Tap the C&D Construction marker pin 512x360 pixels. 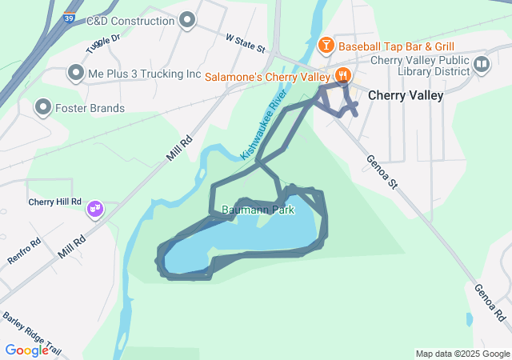pos(188,20)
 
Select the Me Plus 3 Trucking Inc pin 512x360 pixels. pos(76,74)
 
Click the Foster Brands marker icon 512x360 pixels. pos(42,107)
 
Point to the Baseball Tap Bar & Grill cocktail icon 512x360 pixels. pos(326,46)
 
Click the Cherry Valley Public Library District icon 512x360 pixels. pos(481,65)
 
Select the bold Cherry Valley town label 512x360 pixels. pos(406,95)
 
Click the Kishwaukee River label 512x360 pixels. pos(264,125)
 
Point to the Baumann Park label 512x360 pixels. pos(258,210)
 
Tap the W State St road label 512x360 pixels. pos(246,42)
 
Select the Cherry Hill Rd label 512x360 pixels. pos(55,202)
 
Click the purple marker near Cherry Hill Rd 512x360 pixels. pos(96,209)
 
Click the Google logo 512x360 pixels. pos(26,350)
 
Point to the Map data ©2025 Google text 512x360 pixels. pos(462,354)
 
